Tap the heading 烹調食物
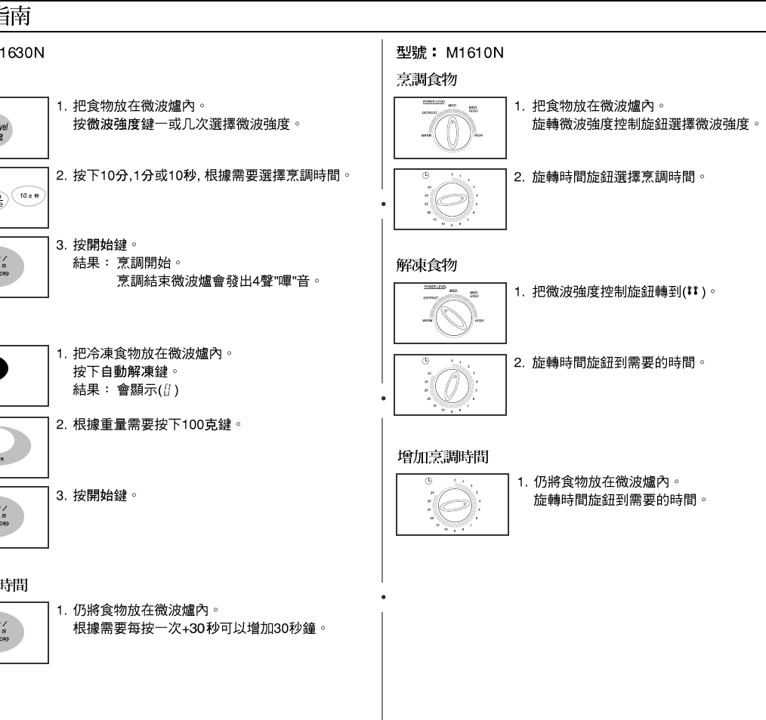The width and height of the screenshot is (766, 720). click(x=427, y=78)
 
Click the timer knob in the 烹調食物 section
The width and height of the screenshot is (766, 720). click(x=450, y=198)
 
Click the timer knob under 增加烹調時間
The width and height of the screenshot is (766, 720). click(x=451, y=503)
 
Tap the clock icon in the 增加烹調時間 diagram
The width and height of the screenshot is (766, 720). click(x=429, y=482)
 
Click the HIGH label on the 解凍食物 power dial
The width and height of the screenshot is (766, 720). click(x=478, y=320)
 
